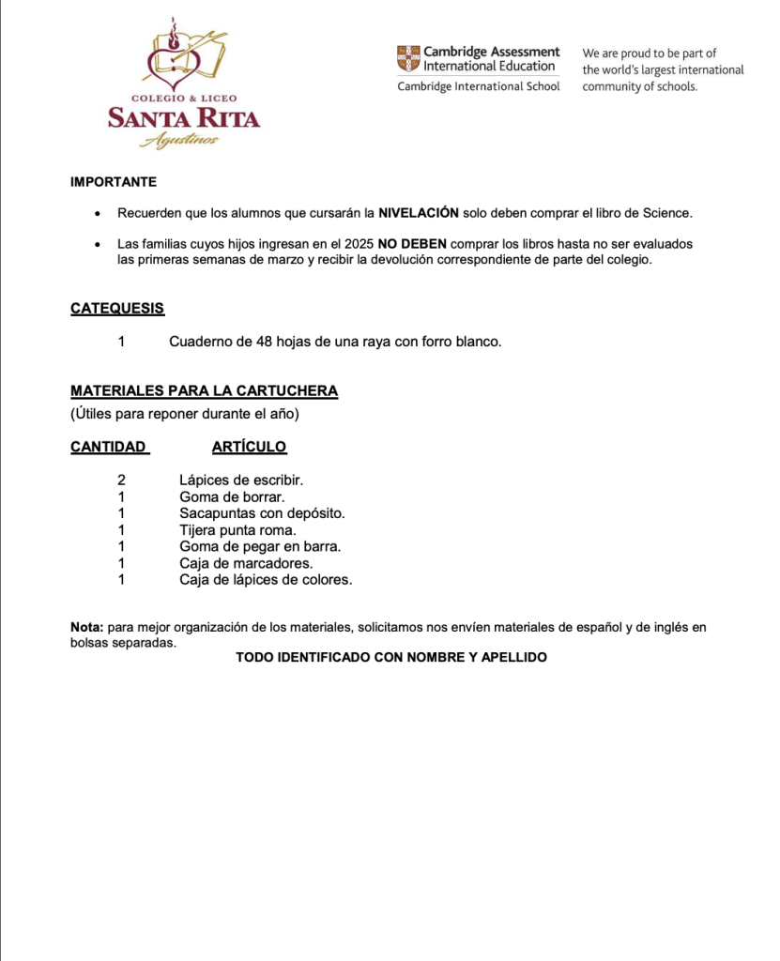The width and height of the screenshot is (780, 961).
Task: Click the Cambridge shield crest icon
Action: click(x=408, y=58)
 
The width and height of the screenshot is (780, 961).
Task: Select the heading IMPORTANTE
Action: click(x=114, y=182)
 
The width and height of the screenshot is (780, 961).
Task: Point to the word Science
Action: click(x=666, y=213)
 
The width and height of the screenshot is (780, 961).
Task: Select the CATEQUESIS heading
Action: click(x=117, y=309)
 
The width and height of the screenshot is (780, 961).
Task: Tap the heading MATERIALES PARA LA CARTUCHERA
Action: click(x=204, y=390)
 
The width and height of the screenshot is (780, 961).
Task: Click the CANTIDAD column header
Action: click(x=109, y=447)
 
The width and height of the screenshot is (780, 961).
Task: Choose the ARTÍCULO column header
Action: click(x=249, y=447)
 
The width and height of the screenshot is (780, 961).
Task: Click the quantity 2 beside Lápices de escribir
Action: click(x=121, y=480)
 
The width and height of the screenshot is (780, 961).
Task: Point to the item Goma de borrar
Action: click(x=232, y=496)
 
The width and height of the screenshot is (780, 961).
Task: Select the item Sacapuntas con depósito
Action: click(x=262, y=513)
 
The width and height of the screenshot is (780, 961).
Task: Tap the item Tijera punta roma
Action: click(x=237, y=530)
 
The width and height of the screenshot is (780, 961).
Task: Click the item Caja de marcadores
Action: click(x=246, y=563)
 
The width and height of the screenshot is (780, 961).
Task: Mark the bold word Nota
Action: click(x=86, y=627)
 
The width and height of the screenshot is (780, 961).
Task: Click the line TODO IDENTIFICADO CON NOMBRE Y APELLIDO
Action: click(x=390, y=658)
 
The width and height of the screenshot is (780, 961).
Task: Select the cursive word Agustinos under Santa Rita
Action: click(x=179, y=141)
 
